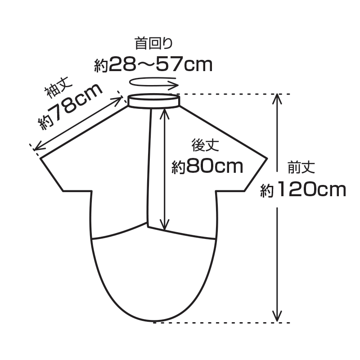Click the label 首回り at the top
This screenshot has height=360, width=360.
click(x=153, y=43)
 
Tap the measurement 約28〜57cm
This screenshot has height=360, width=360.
click(x=153, y=64)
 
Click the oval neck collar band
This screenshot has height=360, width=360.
click(x=154, y=101)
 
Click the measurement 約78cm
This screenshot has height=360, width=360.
click(x=70, y=106)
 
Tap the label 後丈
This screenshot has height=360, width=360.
click(x=205, y=145)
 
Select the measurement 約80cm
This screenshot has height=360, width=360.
click(x=207, y=166)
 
